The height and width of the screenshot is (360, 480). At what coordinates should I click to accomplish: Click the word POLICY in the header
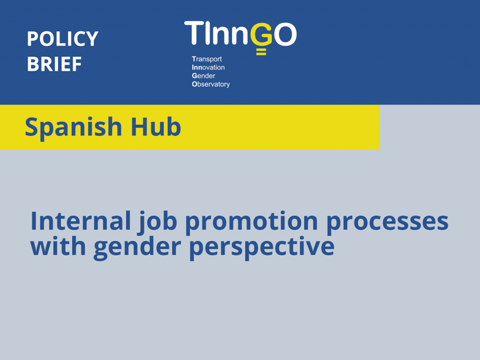[x=62, y=39]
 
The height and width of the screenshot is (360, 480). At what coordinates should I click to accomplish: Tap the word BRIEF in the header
[x=54, y=64]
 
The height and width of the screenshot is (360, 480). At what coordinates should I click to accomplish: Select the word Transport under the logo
[x=207, y=59]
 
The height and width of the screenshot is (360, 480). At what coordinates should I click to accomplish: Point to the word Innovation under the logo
[x=208, y=67]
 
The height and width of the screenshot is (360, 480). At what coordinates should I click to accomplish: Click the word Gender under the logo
[x=203, y=76]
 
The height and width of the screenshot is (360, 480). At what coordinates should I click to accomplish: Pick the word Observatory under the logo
[x=211, y=84]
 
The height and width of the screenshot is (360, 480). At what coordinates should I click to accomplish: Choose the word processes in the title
[x=387, y=222]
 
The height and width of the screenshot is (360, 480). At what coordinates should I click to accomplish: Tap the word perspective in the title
[x=262, y=247]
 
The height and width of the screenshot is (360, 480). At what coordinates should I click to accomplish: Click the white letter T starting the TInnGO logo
[x=194, y=33]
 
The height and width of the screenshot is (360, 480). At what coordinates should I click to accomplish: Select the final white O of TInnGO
[x=285, y=34]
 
